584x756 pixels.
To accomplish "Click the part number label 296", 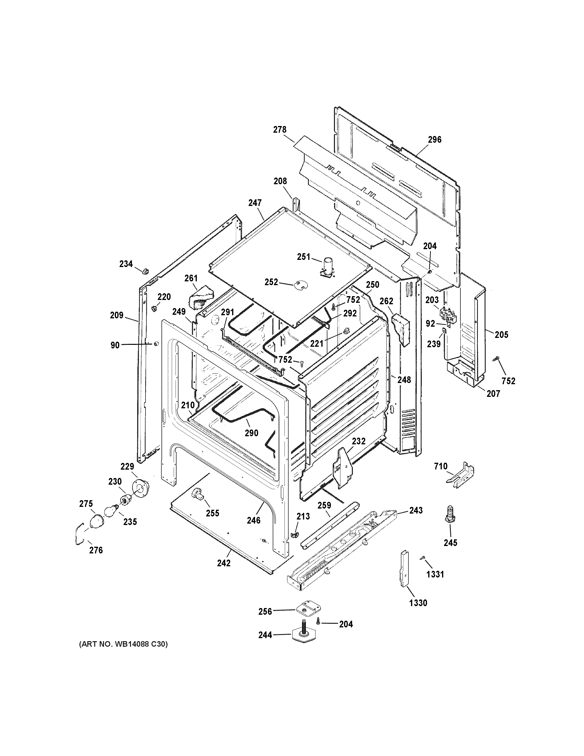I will (434, 140).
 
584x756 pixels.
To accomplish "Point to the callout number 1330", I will (418, 603).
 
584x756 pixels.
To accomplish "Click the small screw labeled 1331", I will (422, 558).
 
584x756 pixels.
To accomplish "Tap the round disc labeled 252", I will (301, 285).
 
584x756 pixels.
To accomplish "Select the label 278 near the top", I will (280, 130).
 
